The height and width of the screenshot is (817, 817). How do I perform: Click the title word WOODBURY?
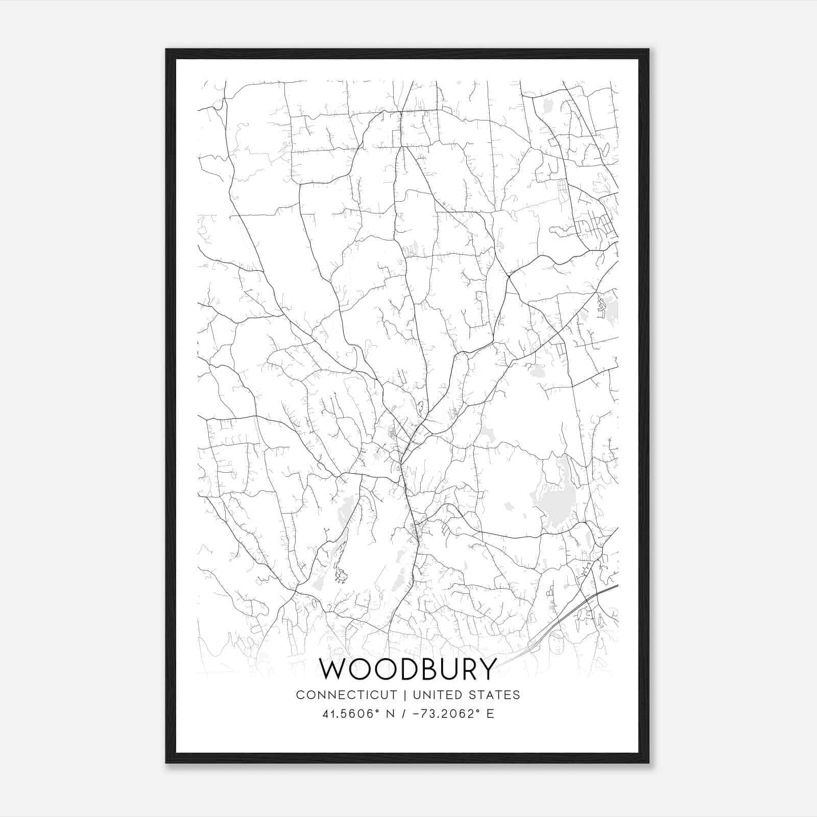(407, 669)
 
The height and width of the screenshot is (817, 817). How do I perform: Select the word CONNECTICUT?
(346, 695)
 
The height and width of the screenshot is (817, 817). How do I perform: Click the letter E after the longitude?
(490, 714)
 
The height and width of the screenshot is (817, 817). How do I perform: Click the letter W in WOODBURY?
(332, 669)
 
